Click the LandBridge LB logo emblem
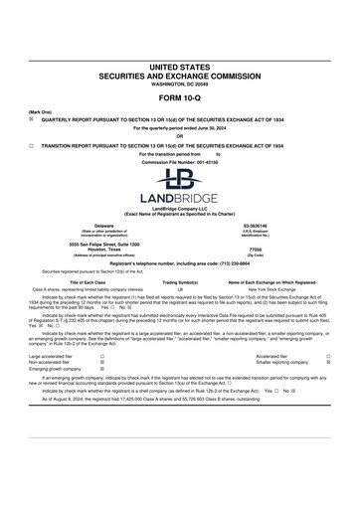(179, 181)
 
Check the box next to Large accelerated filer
(102, 355)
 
